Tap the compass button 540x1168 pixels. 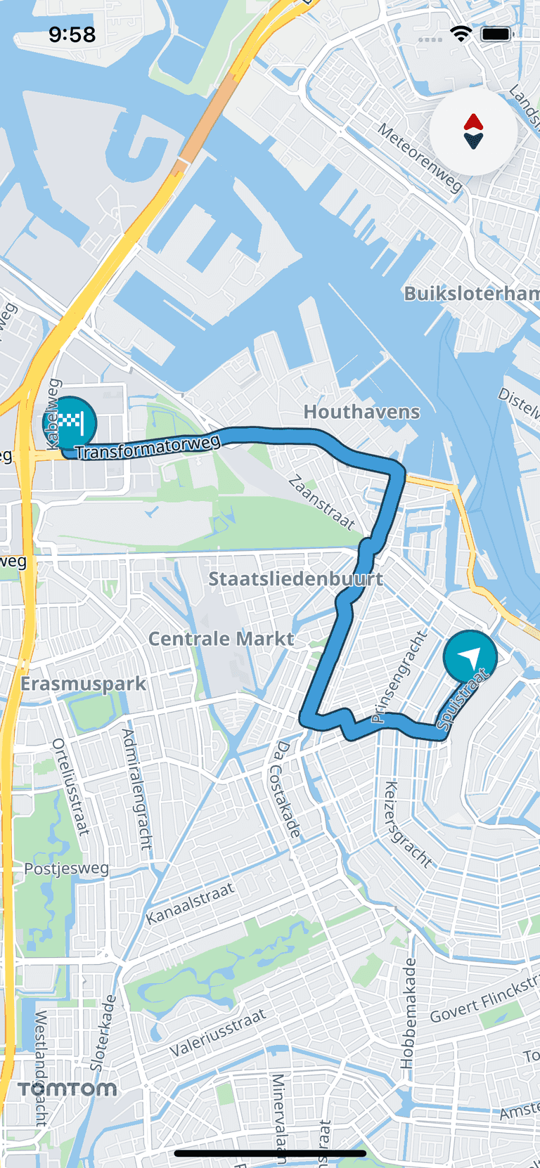tap(473, 131)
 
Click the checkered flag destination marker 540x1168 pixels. tap(70, 423)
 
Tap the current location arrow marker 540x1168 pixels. tap(470, 656)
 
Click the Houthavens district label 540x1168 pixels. tap(361, 412)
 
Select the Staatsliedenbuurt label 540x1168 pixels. tap(295, 579)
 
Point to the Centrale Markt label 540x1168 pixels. tap(221, 639)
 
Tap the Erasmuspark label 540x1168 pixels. tap(83, 684)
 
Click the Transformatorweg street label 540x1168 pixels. tap(148, 447)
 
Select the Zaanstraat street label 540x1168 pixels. tap(322, 502)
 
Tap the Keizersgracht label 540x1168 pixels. tap(407, 824)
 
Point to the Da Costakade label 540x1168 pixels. tap(285, 789)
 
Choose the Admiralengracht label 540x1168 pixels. tap(137, 789)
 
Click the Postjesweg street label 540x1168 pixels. tap(67, 869)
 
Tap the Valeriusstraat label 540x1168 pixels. tap(218, 1032)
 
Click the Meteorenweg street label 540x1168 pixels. tap(420, 158)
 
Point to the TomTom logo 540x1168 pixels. tap(67, 1089)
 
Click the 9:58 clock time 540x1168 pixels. tap(72, 34)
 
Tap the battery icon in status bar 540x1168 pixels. tap(496, 34)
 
